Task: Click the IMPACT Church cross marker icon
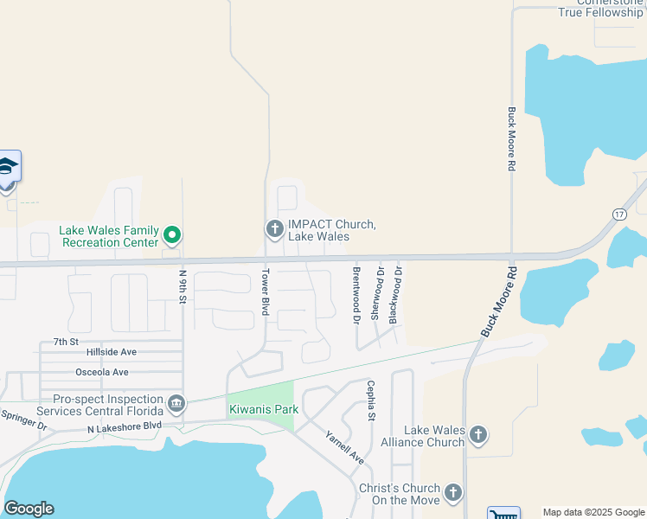274,229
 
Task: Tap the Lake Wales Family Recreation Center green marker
172,234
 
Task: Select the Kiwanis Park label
257,409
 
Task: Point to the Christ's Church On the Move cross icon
453,493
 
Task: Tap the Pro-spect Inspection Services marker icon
176,404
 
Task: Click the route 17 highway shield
618,214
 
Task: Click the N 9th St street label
183,286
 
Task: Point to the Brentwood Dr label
356,295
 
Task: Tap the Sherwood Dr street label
376,293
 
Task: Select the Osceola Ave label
102,372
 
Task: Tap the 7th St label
66,342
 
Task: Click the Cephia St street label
370,400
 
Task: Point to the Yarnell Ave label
344,447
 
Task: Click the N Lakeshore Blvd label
125,426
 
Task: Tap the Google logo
29,509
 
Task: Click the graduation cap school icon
8,166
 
